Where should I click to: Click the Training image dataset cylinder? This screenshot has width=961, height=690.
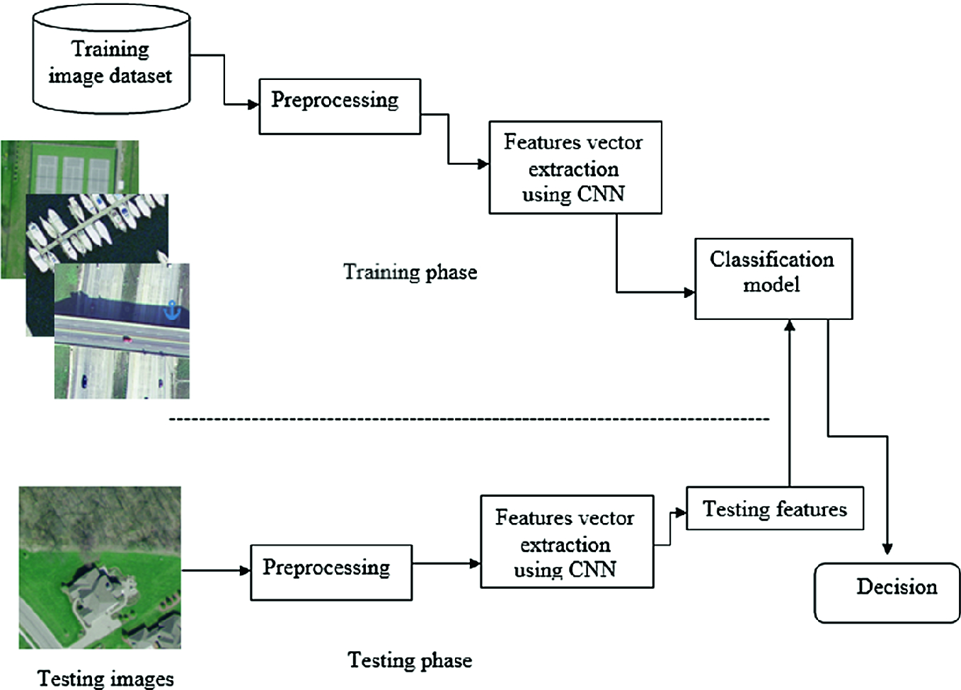tap(111, 60)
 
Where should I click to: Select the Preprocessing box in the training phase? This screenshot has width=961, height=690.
tap(340, 106)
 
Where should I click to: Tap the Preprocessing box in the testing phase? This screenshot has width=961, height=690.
tap(331, 573)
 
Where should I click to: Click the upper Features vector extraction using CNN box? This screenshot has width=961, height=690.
tap(575, 168)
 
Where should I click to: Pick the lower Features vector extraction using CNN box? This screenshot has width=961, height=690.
tap(566, 542)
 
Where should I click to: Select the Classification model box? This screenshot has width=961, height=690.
tap(773, 279)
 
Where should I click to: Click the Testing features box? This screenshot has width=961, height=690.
tap(774, 508)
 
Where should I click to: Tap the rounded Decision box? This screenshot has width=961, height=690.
tap(887, 592)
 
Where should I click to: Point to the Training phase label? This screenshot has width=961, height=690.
tap(410, 272)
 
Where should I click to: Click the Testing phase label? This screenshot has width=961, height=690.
tap(410, 660)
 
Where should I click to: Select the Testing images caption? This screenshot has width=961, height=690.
tap(105, 679)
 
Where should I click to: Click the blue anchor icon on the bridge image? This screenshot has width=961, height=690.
tap(172, 310)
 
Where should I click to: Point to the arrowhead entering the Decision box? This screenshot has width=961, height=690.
tap(887, 549)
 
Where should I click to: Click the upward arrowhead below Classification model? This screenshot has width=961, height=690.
tap(790, 326)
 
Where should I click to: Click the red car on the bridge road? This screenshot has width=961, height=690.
tap(127, 339)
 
